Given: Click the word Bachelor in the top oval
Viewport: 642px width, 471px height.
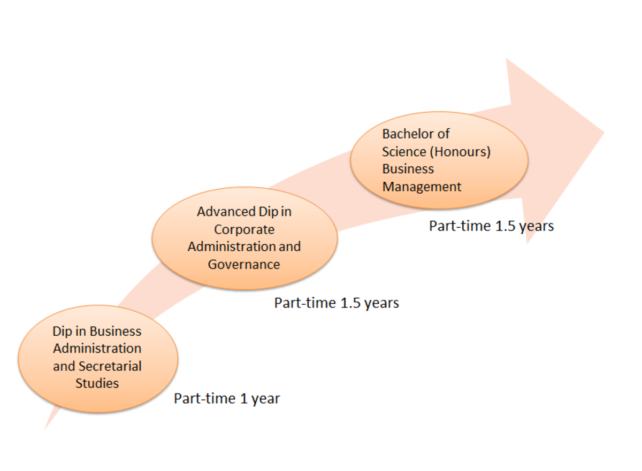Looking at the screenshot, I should point(408,134).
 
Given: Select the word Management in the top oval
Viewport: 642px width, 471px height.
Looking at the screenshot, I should point(422,187).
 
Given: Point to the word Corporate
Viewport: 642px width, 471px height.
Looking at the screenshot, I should point(244,229).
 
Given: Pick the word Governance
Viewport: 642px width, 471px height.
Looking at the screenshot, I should point(244,264).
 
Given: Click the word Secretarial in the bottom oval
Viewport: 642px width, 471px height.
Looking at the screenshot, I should point(110,366).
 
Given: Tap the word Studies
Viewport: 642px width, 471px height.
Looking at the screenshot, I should point(97,383).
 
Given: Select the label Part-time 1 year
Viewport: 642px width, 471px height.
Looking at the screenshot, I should point(227,399).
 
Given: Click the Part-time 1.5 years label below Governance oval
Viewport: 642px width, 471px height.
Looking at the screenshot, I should point(337,303).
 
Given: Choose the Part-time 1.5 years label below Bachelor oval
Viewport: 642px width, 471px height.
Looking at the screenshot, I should point(491,226).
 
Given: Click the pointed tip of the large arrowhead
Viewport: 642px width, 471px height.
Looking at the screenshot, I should point(603,133).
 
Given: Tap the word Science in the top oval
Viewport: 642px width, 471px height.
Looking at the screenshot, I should point(404,151).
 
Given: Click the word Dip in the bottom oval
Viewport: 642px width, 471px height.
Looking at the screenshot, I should point(62,331).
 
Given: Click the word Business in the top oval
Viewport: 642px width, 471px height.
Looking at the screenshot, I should point(408,169).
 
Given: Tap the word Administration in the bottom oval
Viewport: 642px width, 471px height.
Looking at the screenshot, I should point(97,349).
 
